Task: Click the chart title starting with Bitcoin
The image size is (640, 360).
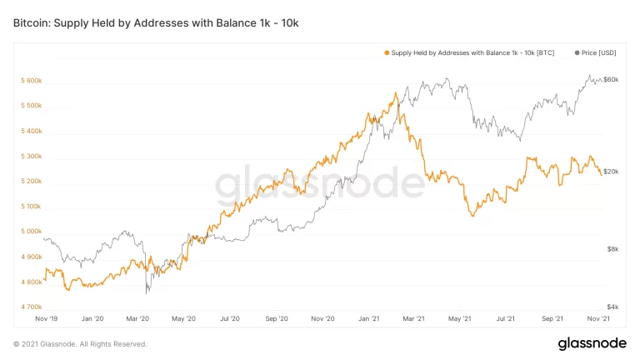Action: tap(156, 22)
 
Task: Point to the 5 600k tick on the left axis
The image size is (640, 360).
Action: tap(32, 81)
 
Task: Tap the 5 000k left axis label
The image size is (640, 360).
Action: tap(32, 232)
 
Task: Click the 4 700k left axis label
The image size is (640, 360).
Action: tap(32, 307)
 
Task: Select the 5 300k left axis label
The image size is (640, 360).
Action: tap(32, 156)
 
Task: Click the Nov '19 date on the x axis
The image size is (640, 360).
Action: tap(46, 318)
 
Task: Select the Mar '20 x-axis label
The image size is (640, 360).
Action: tap(137, 318)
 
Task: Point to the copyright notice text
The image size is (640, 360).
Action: tap(80, 343)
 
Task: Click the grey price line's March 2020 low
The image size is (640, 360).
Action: tap(147, 292)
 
